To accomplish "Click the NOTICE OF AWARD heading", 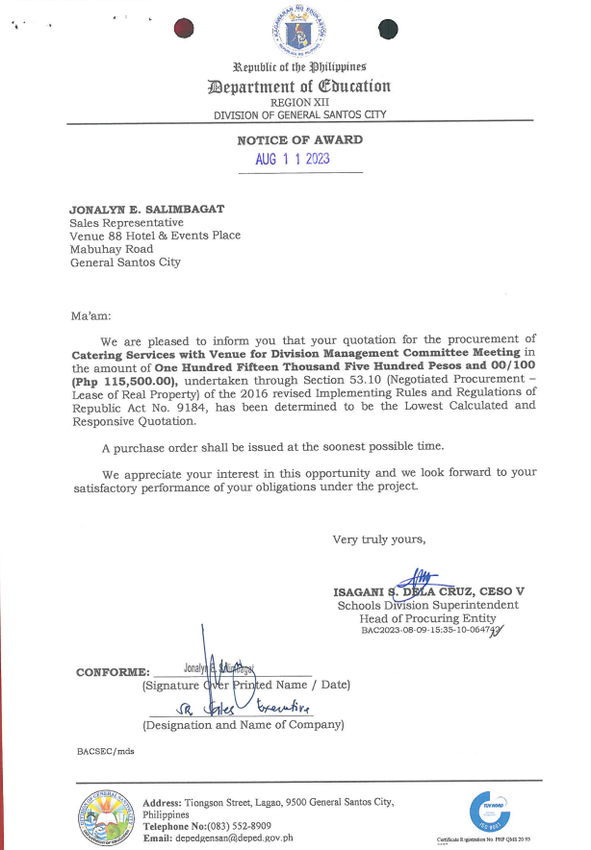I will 299,140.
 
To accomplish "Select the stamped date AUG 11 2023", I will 293,160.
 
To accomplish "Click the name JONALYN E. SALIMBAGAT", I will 144,208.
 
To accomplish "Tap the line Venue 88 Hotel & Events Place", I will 155,235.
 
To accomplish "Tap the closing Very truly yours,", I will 378,538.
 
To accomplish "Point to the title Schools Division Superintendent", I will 427,605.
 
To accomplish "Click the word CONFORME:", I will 113,672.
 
